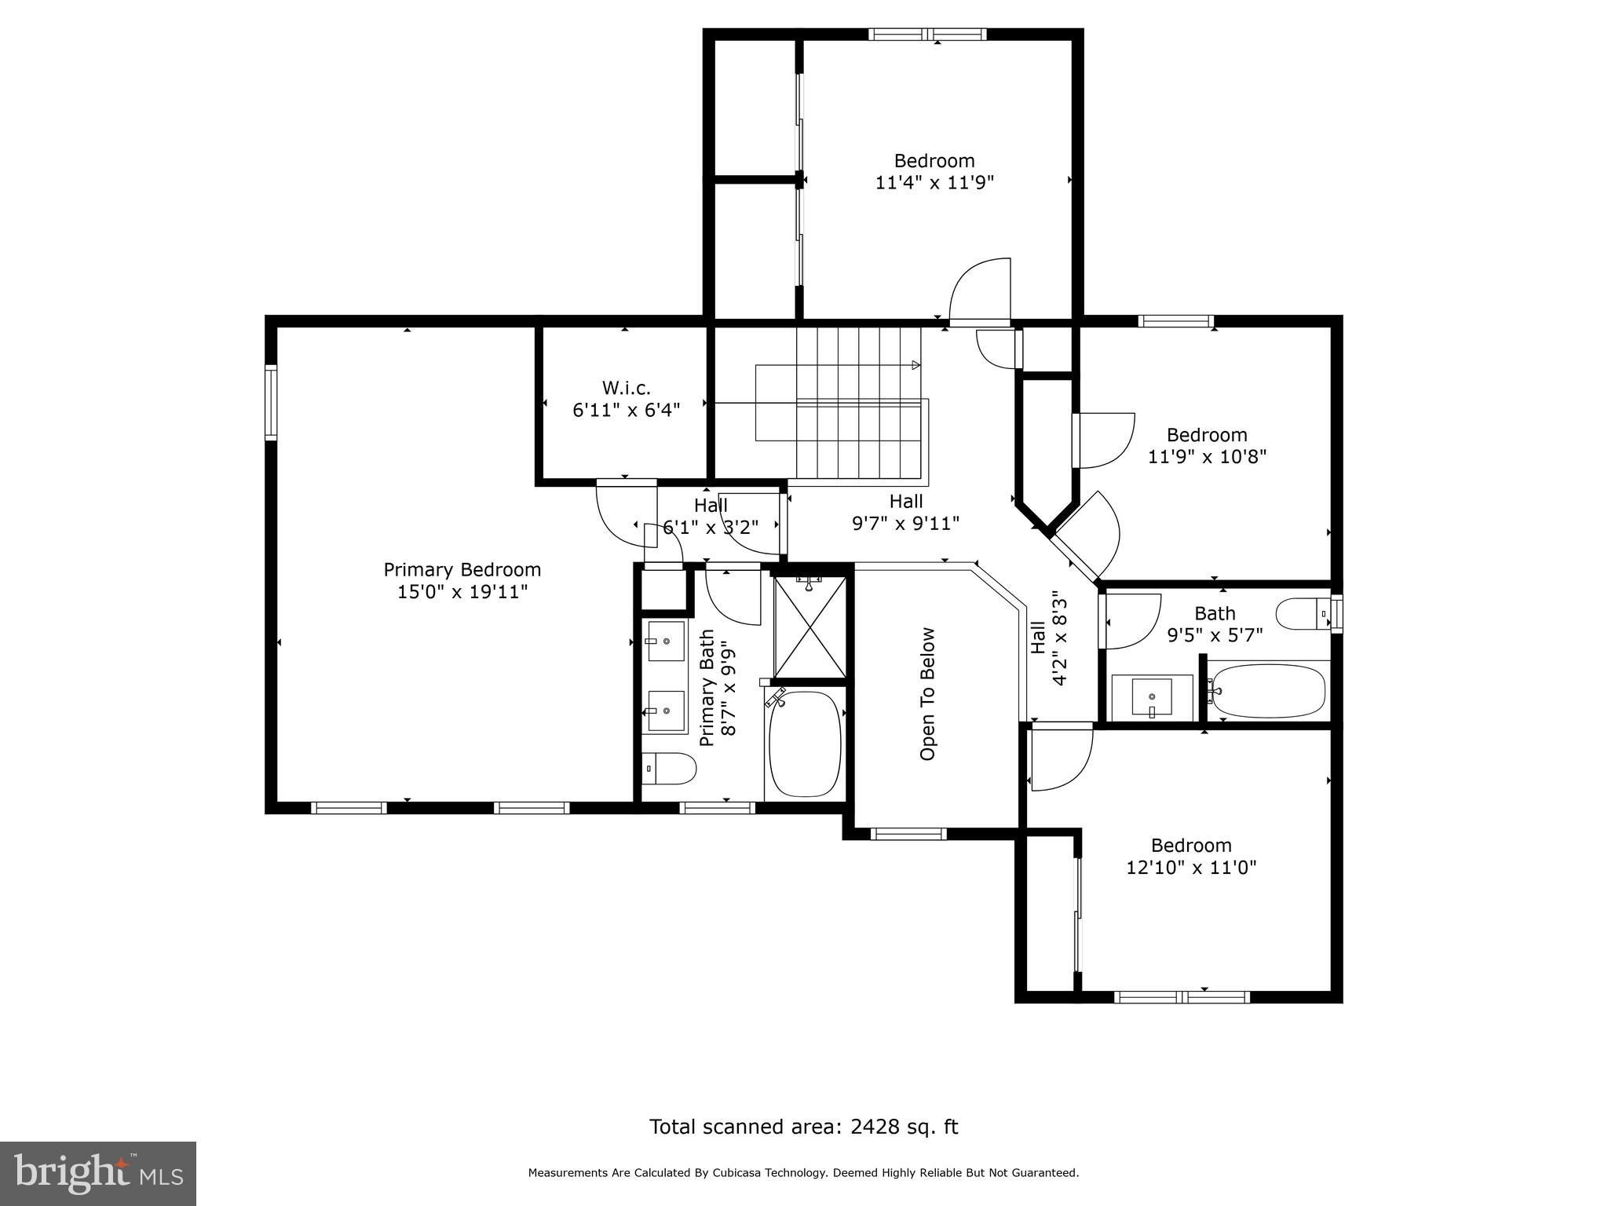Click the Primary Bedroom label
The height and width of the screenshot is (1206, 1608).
pyautogui.click(x=462, y=569)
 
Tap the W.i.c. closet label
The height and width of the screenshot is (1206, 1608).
pyautogui.click(x=626, y=388)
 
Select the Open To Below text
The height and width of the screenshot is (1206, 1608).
pyautogui.click(x=927, y=694)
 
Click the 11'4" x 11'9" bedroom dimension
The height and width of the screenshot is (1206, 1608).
pyautogui.click(x=934, y=183)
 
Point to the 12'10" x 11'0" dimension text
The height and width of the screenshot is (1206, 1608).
pyautogui.click(x=1191, y=868)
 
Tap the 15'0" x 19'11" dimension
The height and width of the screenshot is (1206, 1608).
pyautogui.click(x=462, y=591)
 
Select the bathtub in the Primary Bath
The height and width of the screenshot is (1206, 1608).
pyautogui.click(x=805, y=744)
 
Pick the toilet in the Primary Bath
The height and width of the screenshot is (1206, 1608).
pyautogui.click(x=669, y=769)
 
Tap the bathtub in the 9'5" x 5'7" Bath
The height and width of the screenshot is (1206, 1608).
pyautogui.click(x=1266, y=691)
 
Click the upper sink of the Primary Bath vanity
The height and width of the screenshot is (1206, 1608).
pyautogui.click(x=666, y=641)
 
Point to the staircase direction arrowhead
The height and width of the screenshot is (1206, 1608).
pyautogui.click(x=916, y=365)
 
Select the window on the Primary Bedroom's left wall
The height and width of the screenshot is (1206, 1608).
pyautogui.click(x=271, y=401)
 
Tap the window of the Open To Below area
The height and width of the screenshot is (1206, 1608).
pyautogui.click(x=908, y=834)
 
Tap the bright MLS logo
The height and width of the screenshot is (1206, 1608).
pyautogui.click(x=98, y=1173)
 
